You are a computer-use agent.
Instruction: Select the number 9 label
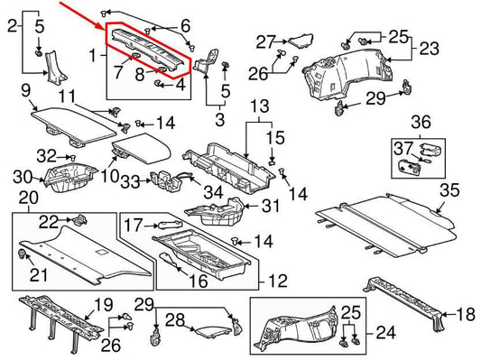[x=25, y=89]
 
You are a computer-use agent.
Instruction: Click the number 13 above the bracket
[x=259, y=106]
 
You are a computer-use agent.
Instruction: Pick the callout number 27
[x=264, y=42]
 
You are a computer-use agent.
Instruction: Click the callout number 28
[x=177, y=319]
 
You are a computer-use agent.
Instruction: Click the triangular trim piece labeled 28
[x=210, y=317]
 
